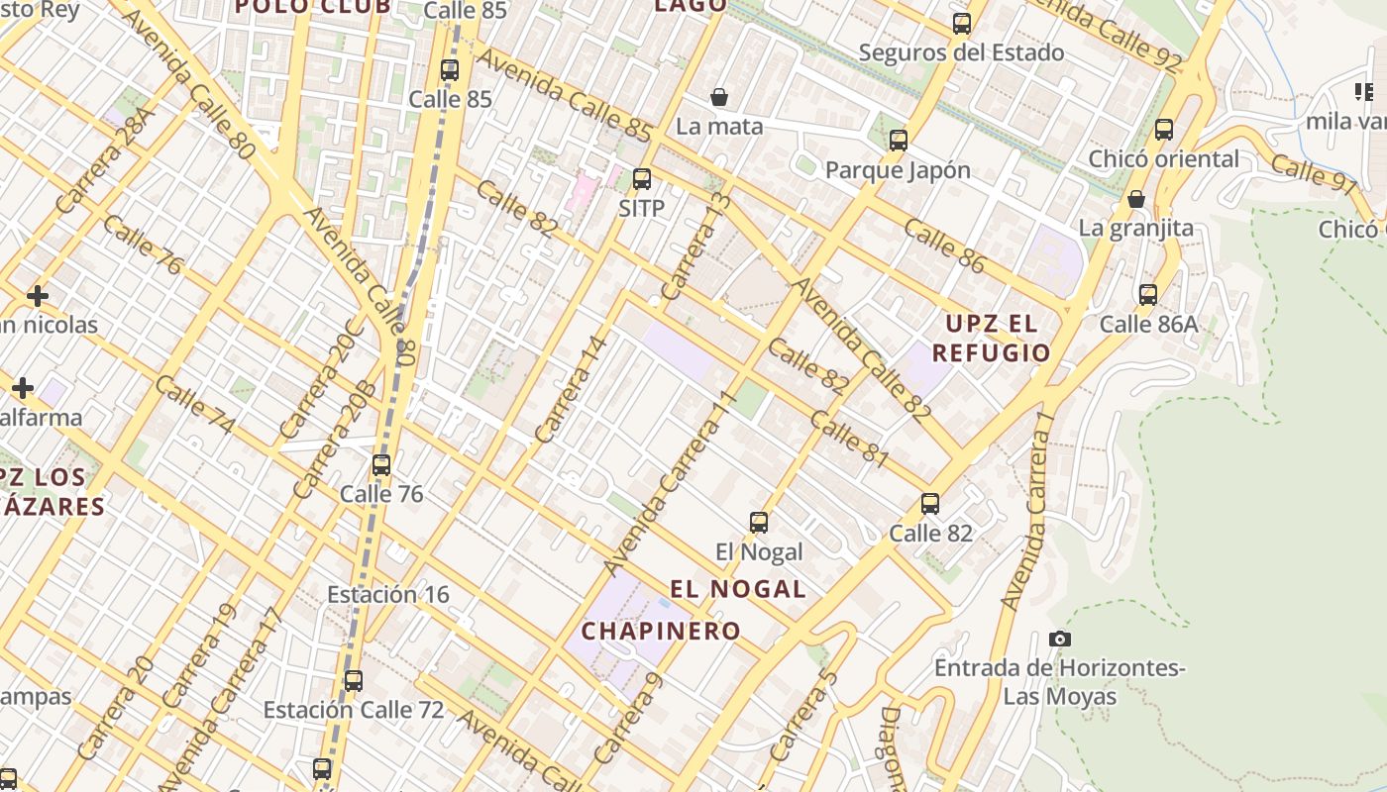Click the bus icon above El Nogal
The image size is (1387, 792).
759,522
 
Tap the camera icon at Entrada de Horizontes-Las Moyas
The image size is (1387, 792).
1060,639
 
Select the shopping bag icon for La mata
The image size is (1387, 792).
719,97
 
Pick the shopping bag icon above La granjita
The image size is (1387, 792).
1136,199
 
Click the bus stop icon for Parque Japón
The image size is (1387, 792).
899,141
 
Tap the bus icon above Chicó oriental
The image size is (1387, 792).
1164,129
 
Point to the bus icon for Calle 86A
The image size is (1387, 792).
1148,294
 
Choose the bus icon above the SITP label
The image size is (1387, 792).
642,179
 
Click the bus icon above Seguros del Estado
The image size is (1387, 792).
962,24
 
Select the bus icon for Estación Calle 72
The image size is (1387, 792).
353,681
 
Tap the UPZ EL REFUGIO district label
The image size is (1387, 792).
991,338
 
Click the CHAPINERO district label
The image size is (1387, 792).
661,631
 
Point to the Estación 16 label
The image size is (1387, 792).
387,594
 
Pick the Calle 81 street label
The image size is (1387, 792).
849,437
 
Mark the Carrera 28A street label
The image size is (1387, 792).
106,161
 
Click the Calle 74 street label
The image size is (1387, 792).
195,405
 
